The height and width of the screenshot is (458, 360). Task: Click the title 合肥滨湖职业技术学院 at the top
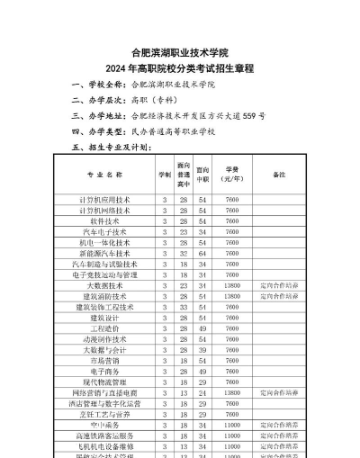[180, 52]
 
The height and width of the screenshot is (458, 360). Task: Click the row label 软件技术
[104, 220]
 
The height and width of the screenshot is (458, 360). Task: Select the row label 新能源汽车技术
[104, 253]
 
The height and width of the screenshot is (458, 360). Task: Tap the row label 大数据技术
[104, 285]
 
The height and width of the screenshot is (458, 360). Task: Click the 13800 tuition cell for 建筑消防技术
[232, 296]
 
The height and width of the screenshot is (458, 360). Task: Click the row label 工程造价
[104, 328]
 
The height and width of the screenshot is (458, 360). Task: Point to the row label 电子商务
[104, 372]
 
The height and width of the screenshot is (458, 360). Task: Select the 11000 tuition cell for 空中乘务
[232, 426]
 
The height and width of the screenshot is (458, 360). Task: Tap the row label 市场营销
[104, 361]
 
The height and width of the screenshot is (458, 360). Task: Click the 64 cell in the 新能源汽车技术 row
[202, 253]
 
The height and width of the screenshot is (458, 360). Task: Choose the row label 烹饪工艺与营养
[104, 415]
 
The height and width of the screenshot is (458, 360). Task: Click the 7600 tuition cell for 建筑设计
[232, 318]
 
